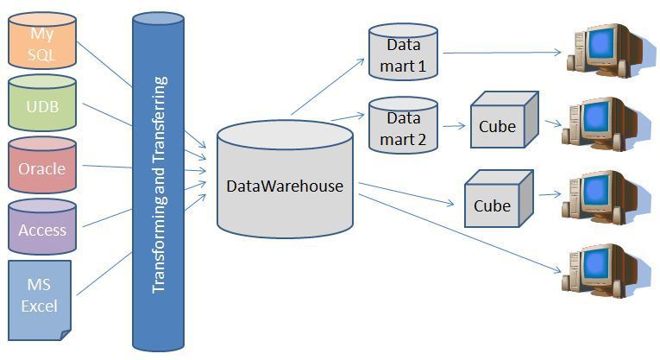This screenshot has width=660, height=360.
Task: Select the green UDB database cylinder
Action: coord(41,107)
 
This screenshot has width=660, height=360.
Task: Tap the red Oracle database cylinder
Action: coord(41,168)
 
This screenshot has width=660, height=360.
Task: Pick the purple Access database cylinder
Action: coord(41,230)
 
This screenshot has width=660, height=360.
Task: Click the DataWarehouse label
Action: coord(285,186)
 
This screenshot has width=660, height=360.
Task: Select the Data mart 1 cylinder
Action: coord(403,54)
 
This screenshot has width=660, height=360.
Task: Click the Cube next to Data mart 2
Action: coord(502,126)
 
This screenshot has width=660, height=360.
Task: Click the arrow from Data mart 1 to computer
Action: coord(500,53)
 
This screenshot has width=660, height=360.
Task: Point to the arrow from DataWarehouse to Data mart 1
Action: coord(327,86)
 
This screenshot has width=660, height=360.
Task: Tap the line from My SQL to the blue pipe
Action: coord(104,64)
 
